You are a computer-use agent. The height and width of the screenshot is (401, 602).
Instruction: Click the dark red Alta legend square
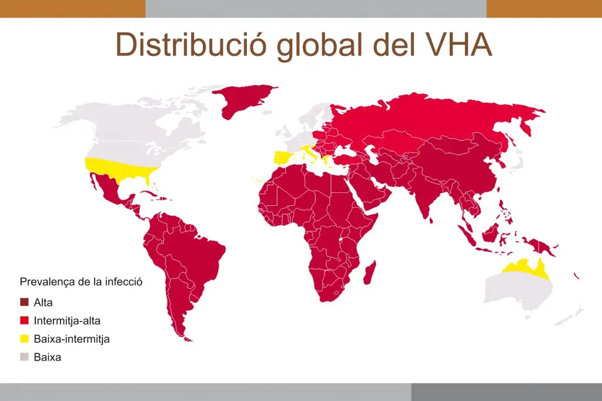[x=24, y=302]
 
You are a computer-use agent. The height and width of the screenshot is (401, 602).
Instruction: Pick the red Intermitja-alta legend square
[x=24, y=320]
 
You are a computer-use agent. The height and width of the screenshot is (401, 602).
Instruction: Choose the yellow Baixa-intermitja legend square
[x=24, y=339]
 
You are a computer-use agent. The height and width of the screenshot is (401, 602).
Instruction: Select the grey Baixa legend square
[x=24, y=357]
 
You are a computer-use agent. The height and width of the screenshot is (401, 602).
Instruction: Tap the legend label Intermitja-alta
[x=67, y=320]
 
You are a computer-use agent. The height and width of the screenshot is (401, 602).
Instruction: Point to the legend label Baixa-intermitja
[x=72, y=339]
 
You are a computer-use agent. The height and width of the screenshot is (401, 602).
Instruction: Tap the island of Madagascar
[x=370, y=274]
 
